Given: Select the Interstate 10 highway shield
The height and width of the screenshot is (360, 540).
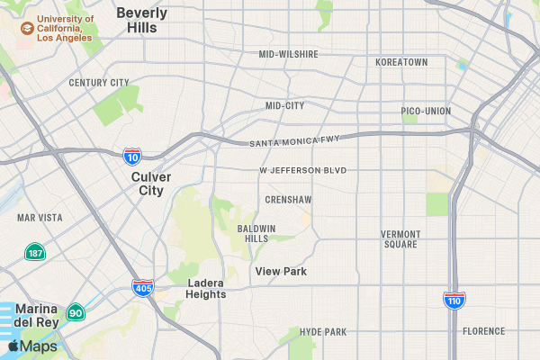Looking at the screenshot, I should tap(132, 157).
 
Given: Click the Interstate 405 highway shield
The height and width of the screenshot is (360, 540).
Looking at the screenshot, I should tap(142, 288).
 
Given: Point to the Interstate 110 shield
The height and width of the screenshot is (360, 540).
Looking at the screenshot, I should tap(454, 300).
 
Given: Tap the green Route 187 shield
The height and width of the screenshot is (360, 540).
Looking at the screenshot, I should tap(35, 252).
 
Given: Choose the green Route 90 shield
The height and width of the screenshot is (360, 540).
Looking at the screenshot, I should tap(76, 313).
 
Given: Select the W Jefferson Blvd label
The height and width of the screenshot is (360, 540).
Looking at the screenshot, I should tap(302, 170).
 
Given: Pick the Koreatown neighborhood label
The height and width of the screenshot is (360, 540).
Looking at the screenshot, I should tap(401, 62).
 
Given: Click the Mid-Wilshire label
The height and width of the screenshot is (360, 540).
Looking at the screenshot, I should tap(288, 54).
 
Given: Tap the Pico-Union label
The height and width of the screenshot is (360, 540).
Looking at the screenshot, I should tap(426, 112).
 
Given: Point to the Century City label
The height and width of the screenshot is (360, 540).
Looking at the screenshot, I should tap(99, 83).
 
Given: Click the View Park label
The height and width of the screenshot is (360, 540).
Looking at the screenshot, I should tap(281, 271).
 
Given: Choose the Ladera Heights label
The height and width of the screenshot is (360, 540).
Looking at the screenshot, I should tap(206, 288).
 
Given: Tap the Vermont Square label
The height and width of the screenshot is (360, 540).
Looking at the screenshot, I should tap(400, 239).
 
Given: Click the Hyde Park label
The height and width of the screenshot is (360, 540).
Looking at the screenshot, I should tap(323, 332).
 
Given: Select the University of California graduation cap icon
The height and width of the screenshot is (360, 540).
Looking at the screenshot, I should tap(28, 29).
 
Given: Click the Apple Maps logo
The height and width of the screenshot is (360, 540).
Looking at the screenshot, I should tap(32, 346).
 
